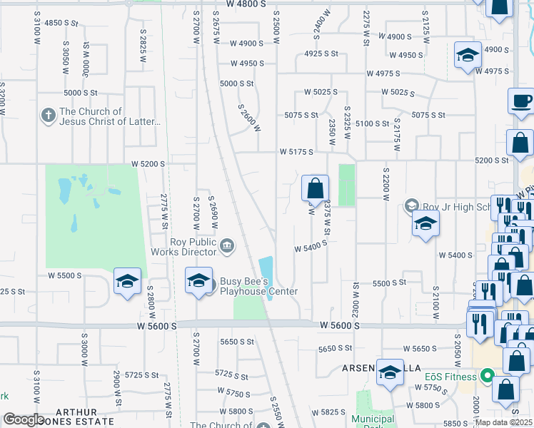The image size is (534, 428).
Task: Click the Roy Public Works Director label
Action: pos(193,246)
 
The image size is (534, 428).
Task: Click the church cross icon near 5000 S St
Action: pos(48,116)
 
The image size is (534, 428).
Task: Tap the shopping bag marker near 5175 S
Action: pos(315,189)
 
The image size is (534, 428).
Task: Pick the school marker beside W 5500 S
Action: pos(127,282)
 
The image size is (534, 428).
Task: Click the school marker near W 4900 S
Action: pos(467,55)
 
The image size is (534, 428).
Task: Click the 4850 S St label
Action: pos(61,23)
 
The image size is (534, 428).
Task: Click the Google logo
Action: pos(23,419)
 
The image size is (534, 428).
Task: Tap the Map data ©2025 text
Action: pos(504,422)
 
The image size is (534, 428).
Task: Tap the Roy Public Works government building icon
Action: pos(226,246)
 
